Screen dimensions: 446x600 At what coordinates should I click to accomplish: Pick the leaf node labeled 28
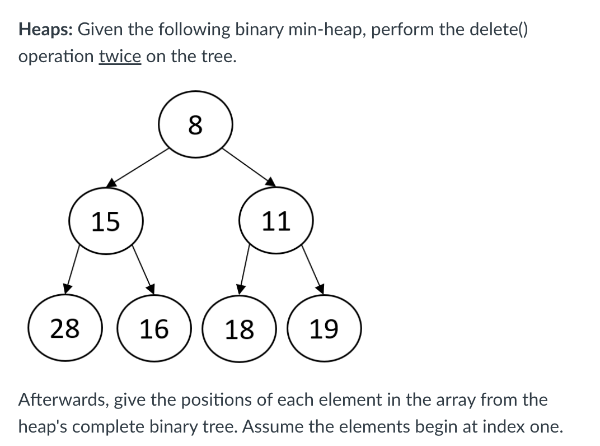[65, 328]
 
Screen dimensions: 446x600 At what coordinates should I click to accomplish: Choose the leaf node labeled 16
[153, 328]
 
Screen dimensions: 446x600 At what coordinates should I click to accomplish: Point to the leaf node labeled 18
[239, 328]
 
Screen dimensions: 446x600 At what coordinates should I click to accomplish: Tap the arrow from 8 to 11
[249, 166]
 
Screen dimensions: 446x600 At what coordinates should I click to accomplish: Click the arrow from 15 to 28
[72, 268]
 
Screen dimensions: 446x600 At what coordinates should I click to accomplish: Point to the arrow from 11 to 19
[313, 268]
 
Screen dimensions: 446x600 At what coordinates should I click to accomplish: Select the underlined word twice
[120, 57]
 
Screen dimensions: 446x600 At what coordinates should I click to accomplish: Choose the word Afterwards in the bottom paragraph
[65, 400]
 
